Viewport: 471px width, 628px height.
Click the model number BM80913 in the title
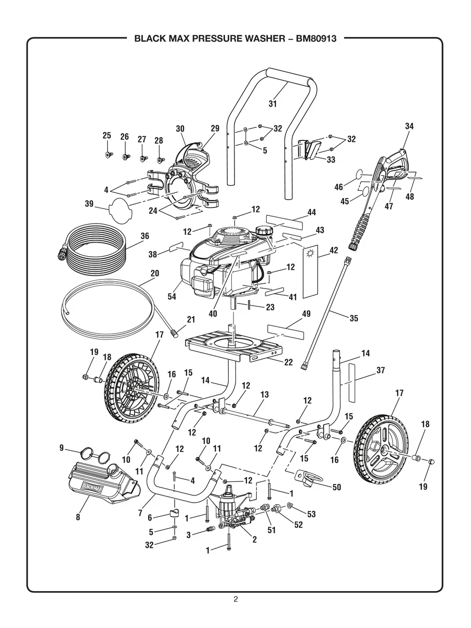[316, 38]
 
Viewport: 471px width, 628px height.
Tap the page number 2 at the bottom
[235, 599]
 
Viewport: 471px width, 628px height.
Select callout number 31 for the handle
[272, 103]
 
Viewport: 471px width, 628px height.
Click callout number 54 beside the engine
[172, 296]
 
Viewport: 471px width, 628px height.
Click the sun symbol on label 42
[310, 253]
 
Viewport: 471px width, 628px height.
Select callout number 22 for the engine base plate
[289, 362]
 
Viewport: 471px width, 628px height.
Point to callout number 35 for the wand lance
[354, 318]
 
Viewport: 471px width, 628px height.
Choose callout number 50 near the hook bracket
[337, 487]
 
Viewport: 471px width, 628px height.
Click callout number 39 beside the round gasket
[89, 204]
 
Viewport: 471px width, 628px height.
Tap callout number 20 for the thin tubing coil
[155, 273]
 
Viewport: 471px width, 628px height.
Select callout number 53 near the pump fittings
[311, 514]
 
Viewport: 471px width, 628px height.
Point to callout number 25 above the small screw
[107, 135]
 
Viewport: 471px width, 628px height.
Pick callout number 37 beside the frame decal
[381, 370]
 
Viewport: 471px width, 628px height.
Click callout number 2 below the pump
[255, 539]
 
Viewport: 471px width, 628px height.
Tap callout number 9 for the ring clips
[61, 448]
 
